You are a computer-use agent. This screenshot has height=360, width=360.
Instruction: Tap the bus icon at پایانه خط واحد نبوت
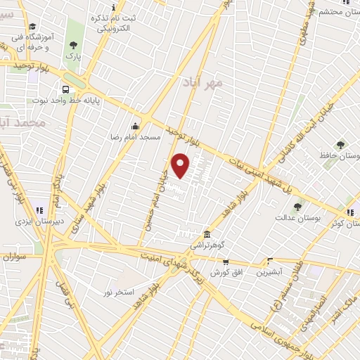(65, 90)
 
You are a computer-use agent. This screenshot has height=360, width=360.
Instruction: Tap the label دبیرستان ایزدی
(40, 220)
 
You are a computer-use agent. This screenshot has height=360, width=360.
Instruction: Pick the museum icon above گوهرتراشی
(207, 234)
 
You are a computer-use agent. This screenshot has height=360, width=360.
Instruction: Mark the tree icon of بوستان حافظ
(340, 145)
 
